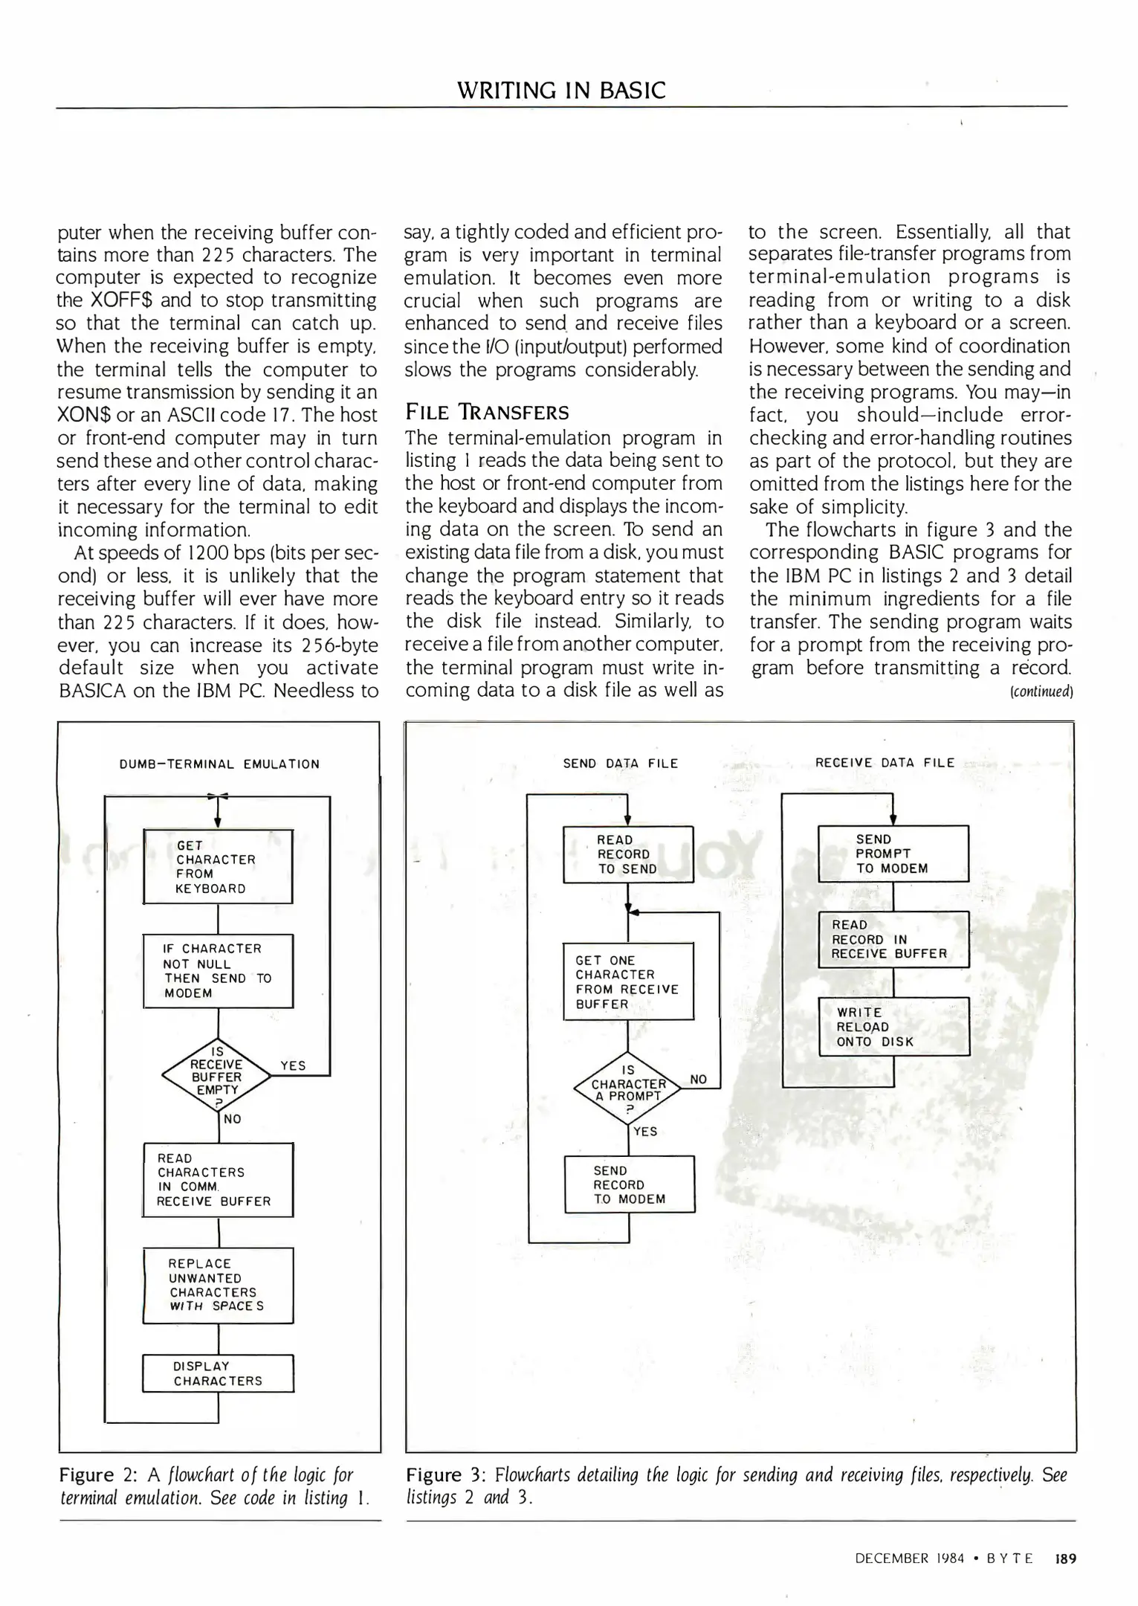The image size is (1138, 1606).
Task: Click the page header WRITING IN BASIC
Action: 561,90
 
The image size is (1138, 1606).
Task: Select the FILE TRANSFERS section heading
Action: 487,413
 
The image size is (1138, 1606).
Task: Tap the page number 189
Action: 1065,1558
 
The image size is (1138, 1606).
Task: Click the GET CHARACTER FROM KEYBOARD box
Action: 217,866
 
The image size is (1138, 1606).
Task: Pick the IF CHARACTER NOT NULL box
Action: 218,970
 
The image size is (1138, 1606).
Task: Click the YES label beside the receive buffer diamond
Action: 294,1065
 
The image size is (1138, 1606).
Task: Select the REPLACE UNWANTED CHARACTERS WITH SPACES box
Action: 218,1285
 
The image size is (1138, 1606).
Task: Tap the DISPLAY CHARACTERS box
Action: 218,1373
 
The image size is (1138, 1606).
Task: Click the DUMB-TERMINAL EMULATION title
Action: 219,764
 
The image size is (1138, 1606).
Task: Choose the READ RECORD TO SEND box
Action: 627,854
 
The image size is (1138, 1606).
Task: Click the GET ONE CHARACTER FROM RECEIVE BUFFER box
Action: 627,981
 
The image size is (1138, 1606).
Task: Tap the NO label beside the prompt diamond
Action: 699,1079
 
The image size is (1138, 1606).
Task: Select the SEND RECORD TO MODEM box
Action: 629,1184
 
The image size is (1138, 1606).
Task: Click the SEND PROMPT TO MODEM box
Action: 893,854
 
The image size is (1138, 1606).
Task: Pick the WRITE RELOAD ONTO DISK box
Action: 893,1027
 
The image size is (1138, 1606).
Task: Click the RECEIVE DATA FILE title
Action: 885,762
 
